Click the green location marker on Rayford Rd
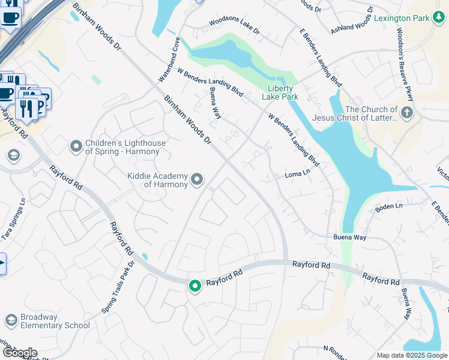194,286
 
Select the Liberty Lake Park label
280,92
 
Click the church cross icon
406,112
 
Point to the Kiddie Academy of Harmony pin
196,179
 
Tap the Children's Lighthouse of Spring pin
76,146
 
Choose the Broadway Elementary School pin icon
11,320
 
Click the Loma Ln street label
297,175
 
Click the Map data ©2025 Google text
412,355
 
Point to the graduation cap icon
13,156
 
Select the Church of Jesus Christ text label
371,113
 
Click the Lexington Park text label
401,18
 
